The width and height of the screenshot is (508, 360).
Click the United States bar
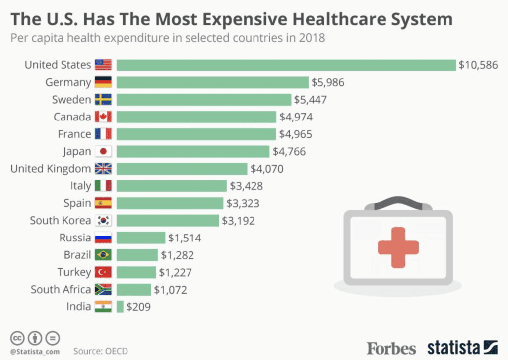(x=286, y=65)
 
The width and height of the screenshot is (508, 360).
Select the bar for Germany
(x=213, y=82)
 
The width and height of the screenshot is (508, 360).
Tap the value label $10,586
(x=478, y=65)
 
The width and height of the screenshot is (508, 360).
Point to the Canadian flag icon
(x=103, y=117)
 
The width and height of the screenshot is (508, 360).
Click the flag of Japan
(x=103, y=151)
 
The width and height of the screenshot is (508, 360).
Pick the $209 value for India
(x=138, y=307)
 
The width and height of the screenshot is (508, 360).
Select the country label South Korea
(x=61, y=220)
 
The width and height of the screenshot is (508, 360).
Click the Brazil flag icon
(x=103, y=255)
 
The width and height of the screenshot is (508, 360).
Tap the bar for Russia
(x=141, y=238)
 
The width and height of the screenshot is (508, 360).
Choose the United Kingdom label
(x=51, y=169)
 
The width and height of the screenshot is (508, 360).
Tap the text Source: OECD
(x=101, y=351)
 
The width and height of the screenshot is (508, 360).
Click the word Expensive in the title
(x=241, y=20)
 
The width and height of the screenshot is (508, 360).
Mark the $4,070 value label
(x=267, y=169)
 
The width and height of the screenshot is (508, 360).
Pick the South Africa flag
(x=103, y=290)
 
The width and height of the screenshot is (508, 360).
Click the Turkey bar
(x=136, y=272)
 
